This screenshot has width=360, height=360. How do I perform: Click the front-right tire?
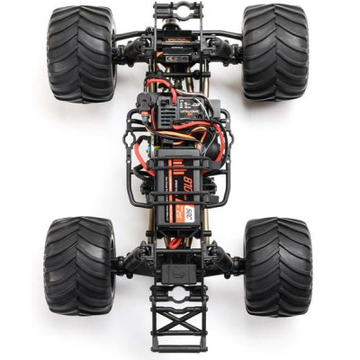tap(275, 52)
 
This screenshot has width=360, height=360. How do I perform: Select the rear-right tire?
tap(277, 265)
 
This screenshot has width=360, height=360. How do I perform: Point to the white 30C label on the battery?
tap(189, 212)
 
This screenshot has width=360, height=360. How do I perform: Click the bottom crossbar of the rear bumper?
tap(177, 346)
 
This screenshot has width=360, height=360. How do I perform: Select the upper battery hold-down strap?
tap(177, 157)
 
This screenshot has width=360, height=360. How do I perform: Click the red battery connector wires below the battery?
tap(175, 241)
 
